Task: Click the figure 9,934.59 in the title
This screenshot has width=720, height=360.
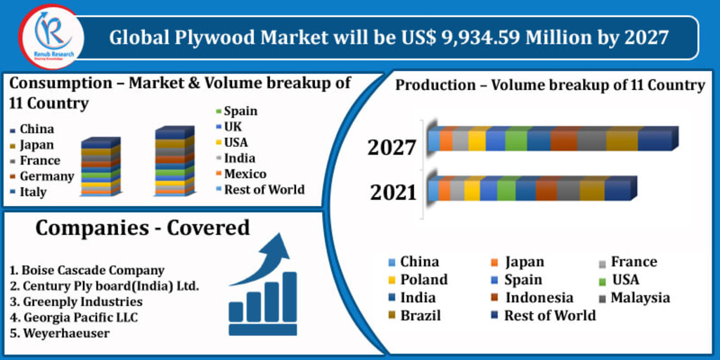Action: (487, 37)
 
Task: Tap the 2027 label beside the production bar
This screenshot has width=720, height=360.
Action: (392, 148)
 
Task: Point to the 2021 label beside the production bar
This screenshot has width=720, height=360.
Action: (392, 191)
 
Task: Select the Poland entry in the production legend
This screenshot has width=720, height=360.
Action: (423, 279)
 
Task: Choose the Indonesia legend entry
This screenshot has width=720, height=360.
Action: (539, 297)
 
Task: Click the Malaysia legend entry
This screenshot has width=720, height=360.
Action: (639, 297)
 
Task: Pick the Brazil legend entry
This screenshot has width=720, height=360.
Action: (420, 315)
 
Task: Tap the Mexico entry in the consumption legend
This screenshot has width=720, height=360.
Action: (245, 174)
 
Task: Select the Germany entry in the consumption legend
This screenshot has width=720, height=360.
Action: (46, 176)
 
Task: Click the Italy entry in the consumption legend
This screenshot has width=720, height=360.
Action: (32, 192)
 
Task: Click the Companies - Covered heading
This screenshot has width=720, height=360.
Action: (142, 228)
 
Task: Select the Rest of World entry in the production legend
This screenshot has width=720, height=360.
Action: (549, 315)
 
